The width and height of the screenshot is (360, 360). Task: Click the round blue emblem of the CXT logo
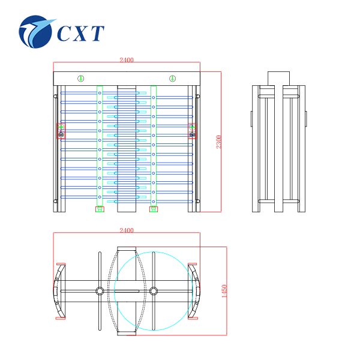35,32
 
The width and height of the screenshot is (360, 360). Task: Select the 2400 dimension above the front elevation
127,60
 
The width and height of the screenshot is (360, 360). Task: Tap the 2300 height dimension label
218,142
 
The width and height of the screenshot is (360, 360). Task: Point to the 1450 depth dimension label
224,291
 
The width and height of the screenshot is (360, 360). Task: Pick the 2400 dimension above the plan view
127,230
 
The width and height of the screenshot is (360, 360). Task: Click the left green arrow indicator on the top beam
81,79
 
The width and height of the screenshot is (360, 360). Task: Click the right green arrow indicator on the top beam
172,79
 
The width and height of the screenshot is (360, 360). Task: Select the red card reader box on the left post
61,131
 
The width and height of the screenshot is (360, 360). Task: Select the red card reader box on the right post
192,131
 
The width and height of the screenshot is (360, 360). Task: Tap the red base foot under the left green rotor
100,209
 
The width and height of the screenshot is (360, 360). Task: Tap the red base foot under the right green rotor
154,209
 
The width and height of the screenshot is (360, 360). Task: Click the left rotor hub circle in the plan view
100,291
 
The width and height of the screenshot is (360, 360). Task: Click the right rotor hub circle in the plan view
154,291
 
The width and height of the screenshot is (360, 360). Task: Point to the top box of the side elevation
278,79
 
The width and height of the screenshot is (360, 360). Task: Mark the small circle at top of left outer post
55,96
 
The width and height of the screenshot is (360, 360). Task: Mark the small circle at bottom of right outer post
198,202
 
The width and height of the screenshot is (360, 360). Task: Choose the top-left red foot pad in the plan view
61,264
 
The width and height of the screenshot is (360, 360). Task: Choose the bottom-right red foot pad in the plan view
193,318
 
